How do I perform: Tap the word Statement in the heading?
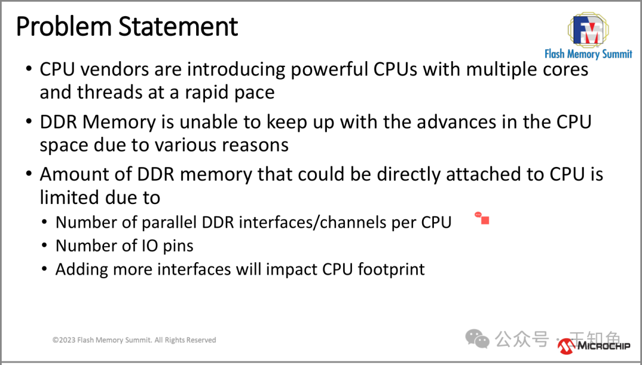click(178, 27)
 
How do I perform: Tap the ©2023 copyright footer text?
click(134, 340)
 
